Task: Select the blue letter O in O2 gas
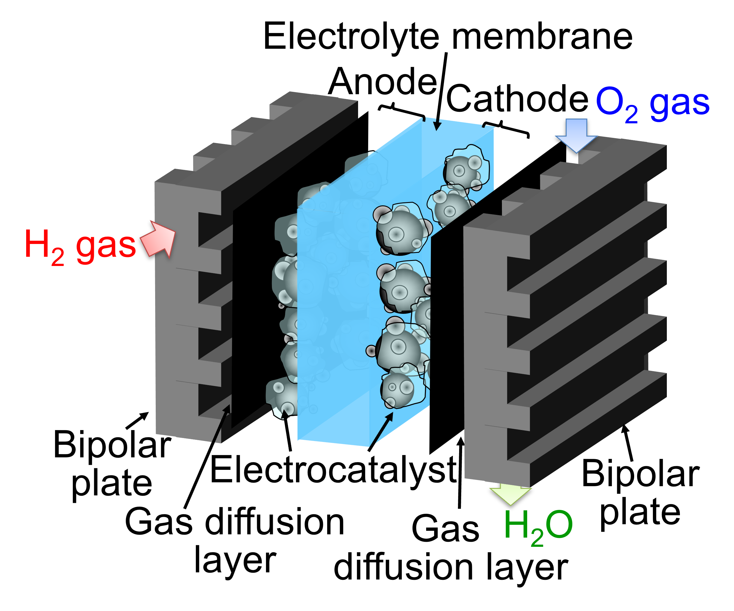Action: (x=610, y=101)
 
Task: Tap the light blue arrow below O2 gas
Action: (x=576, y=135)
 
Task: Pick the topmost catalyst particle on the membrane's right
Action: (x=465, y=169)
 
